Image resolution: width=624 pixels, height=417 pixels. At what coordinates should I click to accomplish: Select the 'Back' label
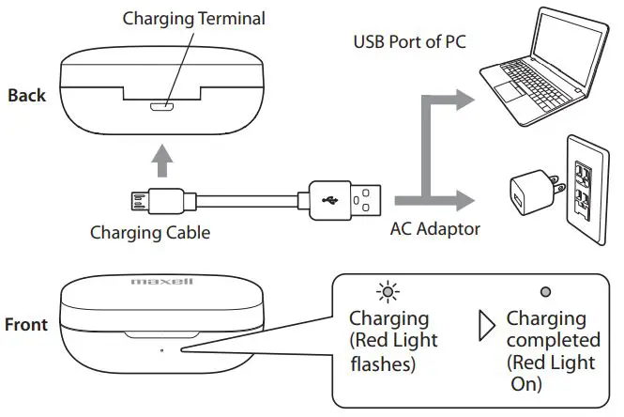[x=27, y=95]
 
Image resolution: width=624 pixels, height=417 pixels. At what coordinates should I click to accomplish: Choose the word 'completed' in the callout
[x=553, y=339]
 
